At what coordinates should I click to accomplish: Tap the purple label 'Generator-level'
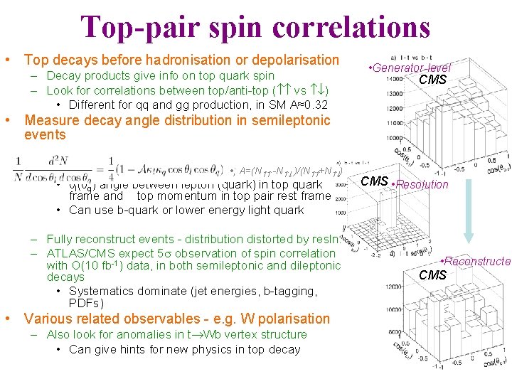pos(410,68)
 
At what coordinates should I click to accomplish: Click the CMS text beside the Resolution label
pos(374,181)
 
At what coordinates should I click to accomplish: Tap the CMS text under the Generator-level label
pos(432,80)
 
